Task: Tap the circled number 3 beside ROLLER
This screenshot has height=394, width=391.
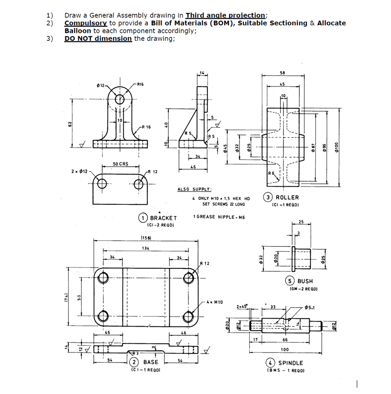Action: coord(268,197)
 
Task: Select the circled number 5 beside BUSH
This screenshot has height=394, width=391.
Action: coord(291,281)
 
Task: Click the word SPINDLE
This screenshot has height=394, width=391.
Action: coord(291,363)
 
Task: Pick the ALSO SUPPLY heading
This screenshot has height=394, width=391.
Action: coord(194,189)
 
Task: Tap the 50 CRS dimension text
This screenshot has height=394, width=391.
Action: coord(120,164)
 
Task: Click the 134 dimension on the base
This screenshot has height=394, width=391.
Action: coord(145,247)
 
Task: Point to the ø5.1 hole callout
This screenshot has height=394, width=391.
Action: coord(309,307)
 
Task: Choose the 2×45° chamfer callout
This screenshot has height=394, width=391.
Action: coord(243,306)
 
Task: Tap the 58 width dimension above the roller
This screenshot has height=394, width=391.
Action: coord(282,72)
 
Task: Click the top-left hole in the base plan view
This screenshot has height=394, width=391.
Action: coord(104,278)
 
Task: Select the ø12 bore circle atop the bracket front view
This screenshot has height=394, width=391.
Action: coord(120,99)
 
